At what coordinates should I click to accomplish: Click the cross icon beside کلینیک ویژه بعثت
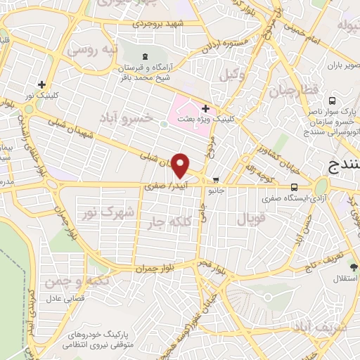[x=205, y=108]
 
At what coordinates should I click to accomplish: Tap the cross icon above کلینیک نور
[x=42, y=84]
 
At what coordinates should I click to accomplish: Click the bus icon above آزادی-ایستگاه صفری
[x=294, y=187]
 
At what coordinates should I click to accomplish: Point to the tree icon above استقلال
[x=354, y=267]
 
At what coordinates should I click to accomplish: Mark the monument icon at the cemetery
[x=145, y=56]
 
